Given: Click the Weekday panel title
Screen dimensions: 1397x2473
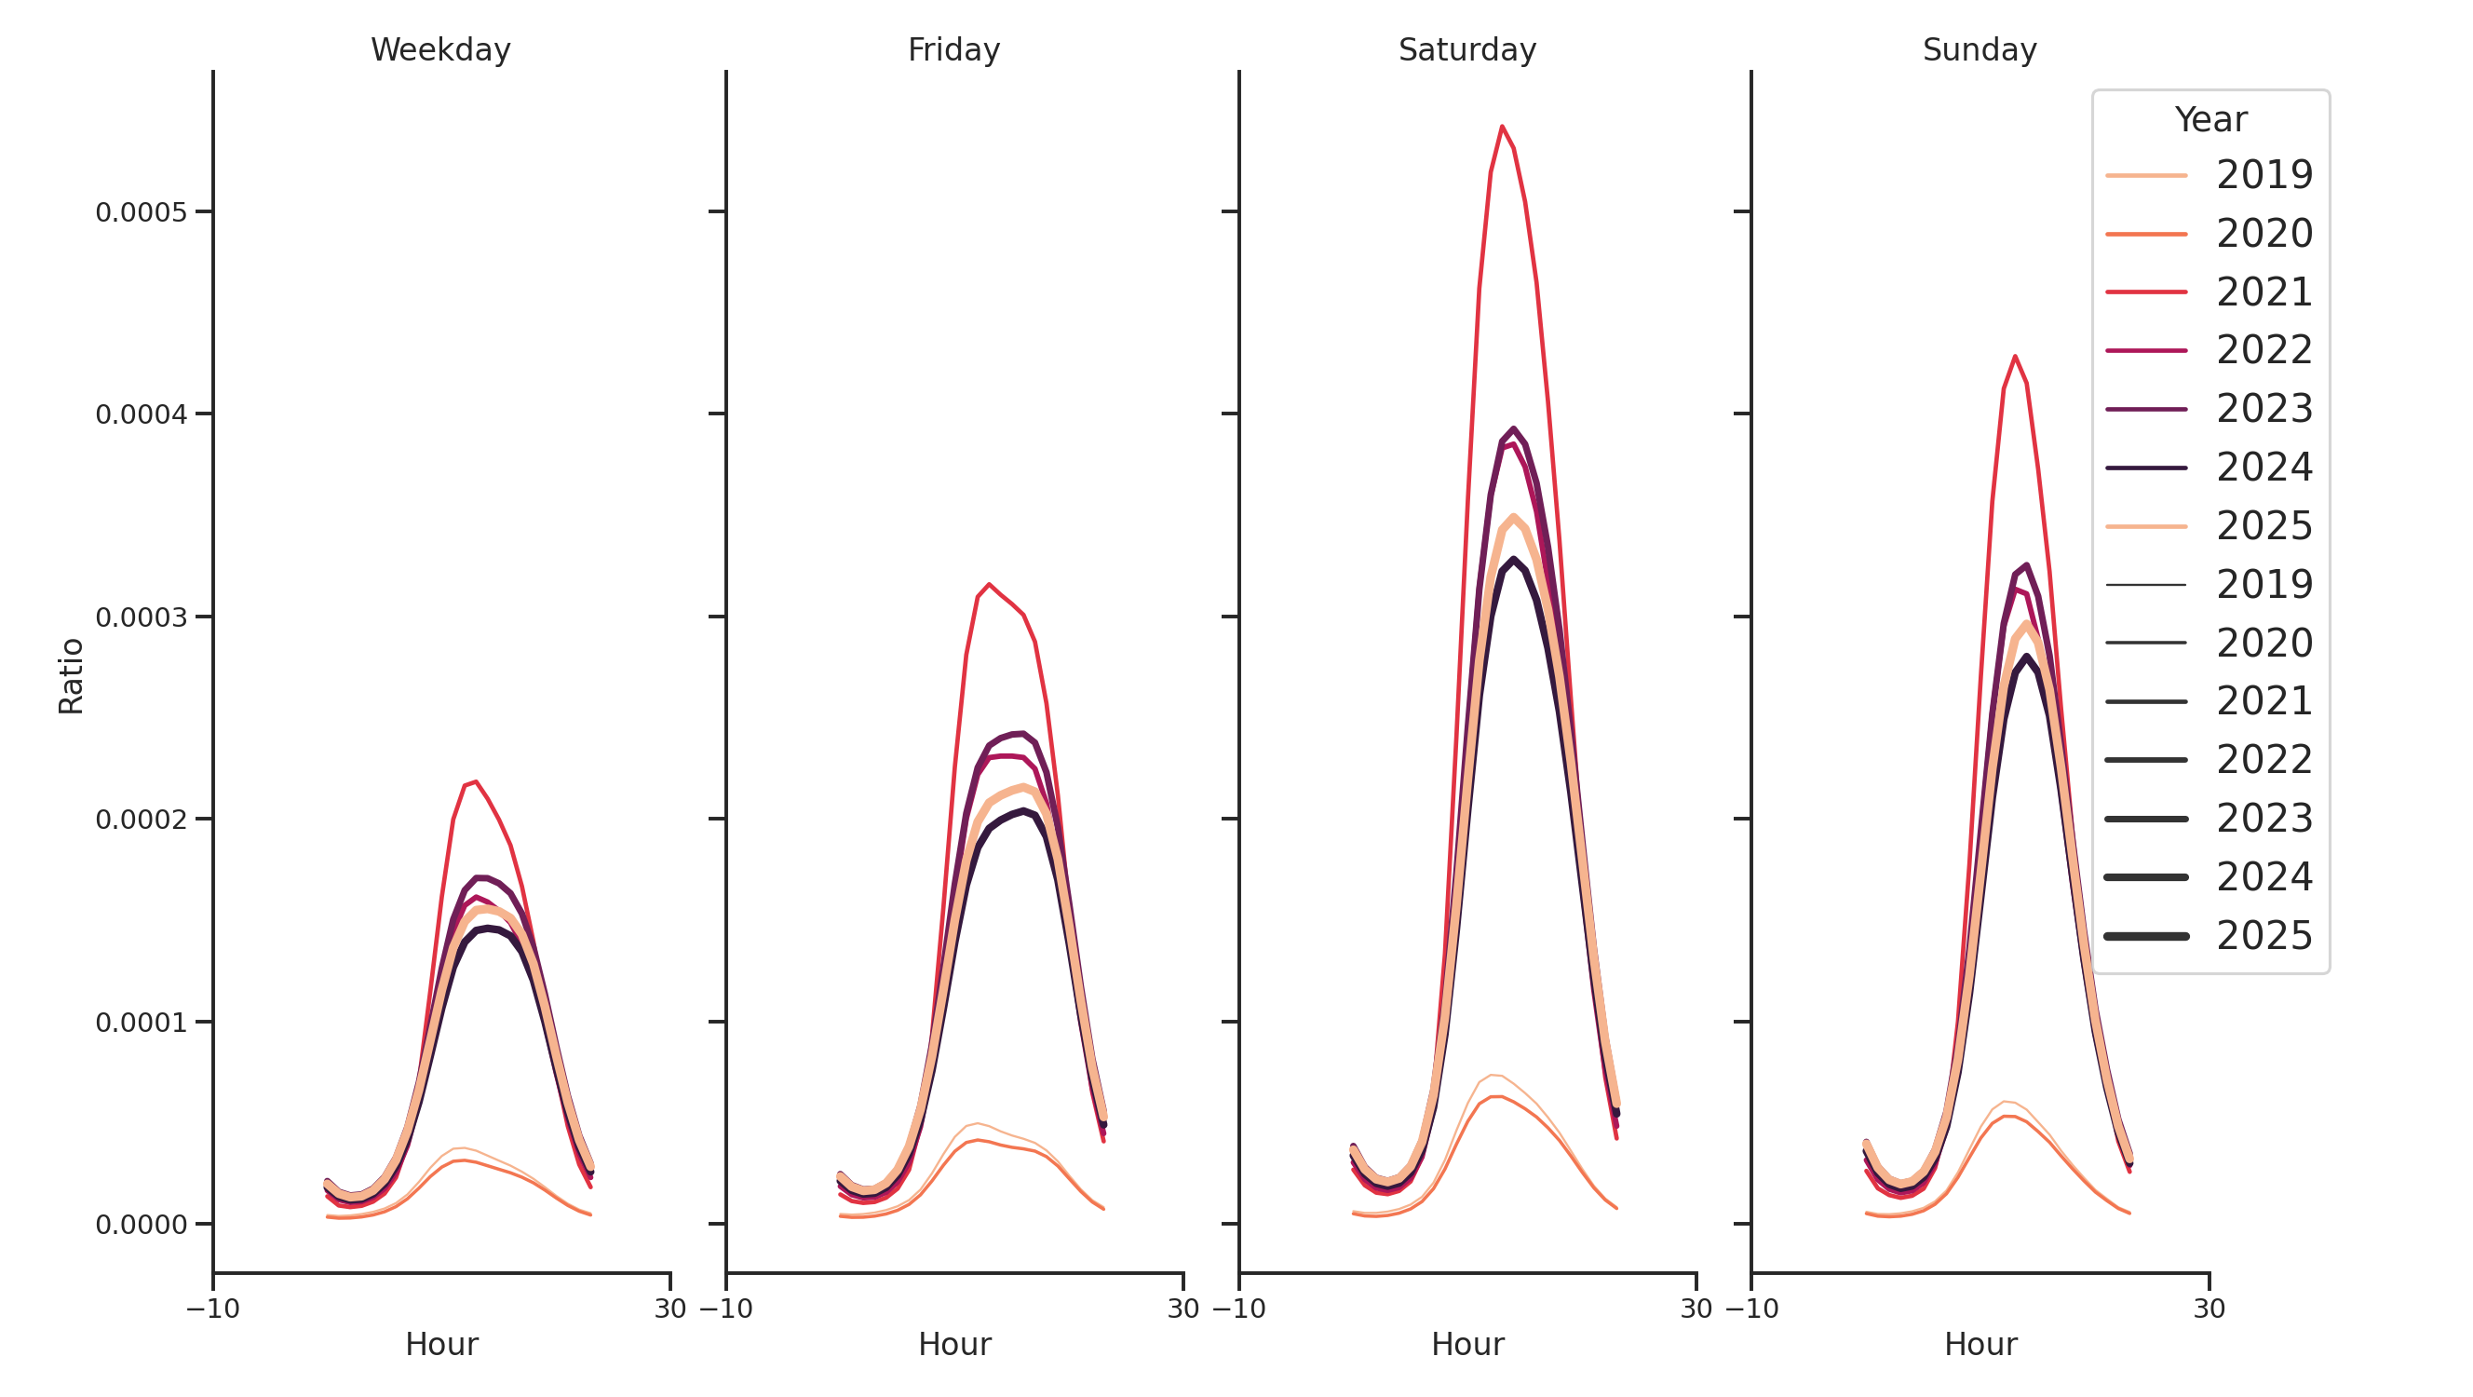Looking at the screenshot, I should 440,50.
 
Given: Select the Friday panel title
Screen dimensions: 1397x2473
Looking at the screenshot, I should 953,50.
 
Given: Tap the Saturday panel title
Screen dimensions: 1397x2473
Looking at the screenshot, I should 1466,50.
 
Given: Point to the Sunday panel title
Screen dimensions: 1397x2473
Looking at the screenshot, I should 1980,50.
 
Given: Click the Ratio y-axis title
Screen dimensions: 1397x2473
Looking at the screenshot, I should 71,676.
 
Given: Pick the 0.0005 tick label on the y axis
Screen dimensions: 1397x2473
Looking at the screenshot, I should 142,212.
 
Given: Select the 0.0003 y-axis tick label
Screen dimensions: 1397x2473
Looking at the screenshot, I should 142,617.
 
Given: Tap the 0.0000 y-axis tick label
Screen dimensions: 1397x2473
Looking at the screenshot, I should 142,1225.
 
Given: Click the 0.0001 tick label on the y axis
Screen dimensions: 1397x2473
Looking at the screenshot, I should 142,1023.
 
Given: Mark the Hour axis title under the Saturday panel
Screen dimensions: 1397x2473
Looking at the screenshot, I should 1466,1344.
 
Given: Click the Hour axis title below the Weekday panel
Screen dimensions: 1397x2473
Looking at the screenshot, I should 440,1344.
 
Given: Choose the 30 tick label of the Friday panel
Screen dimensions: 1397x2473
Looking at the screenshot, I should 1182,1309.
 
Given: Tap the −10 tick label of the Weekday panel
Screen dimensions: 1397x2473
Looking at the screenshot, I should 213,1309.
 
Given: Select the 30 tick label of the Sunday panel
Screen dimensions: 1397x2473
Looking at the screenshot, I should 2209,1309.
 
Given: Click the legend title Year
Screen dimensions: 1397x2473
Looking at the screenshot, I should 2209,120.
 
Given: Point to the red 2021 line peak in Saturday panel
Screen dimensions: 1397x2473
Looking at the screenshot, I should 1502,127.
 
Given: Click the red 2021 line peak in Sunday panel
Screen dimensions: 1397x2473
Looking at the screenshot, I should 2014,358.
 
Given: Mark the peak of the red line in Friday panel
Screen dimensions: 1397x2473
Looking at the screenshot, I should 989,585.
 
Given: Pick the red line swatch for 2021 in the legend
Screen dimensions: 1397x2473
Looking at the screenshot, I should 2145,292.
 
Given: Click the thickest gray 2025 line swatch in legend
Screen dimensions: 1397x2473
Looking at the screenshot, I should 2145,936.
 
